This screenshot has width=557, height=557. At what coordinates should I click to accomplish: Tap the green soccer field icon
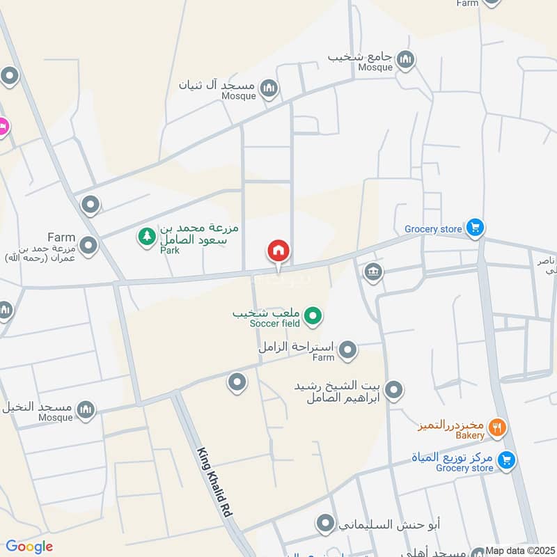point(313,317)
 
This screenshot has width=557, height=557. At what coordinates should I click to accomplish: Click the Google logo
point(29,547)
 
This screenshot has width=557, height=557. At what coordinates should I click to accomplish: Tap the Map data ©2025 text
point(520,551)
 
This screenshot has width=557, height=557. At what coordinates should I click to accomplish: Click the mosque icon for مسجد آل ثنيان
point(269,88)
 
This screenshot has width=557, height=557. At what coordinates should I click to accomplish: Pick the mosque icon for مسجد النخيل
point(86,409)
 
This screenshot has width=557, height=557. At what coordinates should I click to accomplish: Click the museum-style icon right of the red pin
point(372,271)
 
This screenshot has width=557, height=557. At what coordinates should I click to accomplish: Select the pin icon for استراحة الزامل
point(348,350)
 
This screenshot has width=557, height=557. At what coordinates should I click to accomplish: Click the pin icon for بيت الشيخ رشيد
point(394,391)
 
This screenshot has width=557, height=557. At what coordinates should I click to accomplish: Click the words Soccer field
point(277,324)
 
